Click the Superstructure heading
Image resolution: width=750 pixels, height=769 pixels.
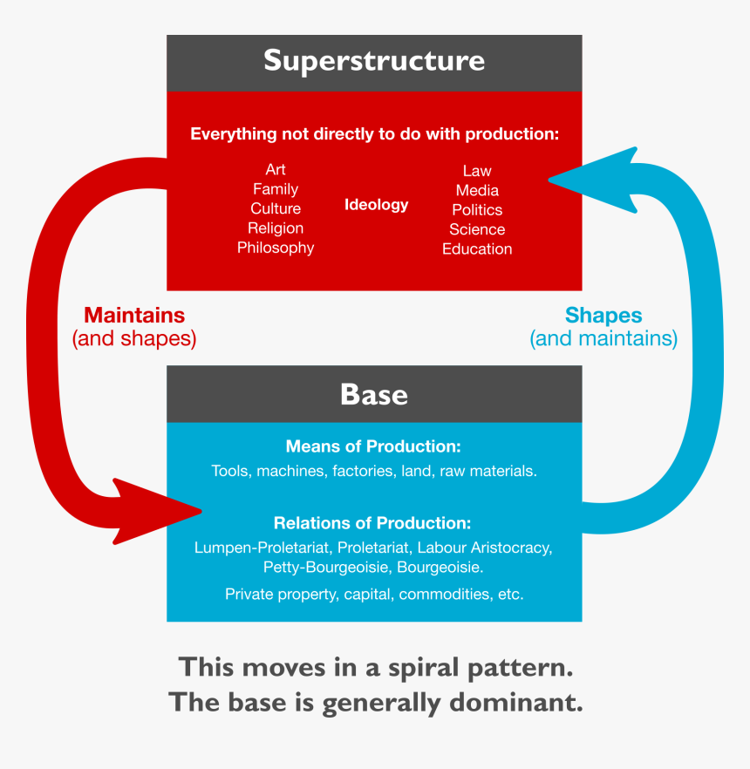pos(374,61)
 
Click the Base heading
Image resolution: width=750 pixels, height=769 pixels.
pos(374,394)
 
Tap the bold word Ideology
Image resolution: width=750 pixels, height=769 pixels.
pos(376,205)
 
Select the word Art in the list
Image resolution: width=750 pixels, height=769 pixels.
pos(276,169)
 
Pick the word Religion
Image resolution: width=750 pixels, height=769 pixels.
pos(276,228)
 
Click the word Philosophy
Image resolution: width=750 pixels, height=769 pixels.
pos(276,248)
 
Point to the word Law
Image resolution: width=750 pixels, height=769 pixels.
pos(477,171)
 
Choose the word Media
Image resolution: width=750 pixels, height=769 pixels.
pos(477,190)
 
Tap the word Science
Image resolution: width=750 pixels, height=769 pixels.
pos(477,229)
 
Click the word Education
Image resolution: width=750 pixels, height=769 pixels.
pos(477,249)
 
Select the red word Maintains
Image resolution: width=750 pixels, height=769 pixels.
pos(134,315)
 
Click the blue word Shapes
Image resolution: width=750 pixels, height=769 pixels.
pos(603,315)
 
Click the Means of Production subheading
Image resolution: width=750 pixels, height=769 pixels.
pos(373,446)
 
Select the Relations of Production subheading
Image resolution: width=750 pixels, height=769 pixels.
pos(372,523)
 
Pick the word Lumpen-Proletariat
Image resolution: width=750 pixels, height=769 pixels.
pos(262,548)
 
